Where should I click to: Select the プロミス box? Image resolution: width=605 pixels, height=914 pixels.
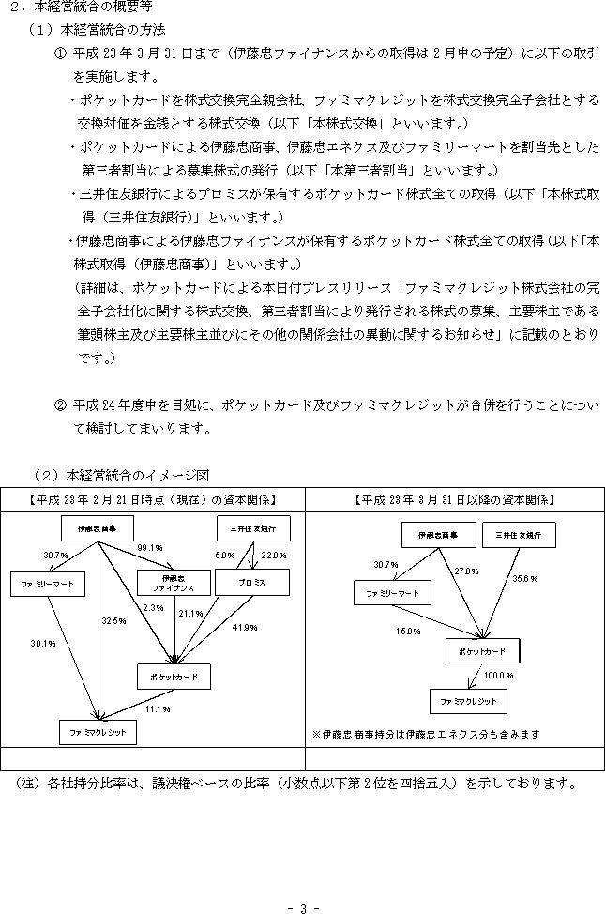click(x=252, y=583)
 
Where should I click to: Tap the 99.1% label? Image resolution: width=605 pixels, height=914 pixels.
click(x=150, y=548)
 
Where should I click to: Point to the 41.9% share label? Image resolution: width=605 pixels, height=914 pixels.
click(x=245, y=628)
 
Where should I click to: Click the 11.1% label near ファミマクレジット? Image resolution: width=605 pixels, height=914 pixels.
click(x=158, y=708)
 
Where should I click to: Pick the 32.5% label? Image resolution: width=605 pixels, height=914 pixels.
click(x=113, y=621)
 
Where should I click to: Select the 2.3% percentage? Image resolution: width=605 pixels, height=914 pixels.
click(x=153, y=607)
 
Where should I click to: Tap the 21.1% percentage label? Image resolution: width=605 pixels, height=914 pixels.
click(x=190, y=613)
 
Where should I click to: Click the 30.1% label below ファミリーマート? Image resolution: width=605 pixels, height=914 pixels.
click(x=43, y=644)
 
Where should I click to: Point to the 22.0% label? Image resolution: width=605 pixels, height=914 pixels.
click(x=274, y=556)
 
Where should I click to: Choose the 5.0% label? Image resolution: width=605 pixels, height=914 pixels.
click(x=225, y=556)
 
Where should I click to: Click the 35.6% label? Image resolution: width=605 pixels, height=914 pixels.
click(x=525, y=579)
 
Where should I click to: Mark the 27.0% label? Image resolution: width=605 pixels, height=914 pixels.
click(x=466, y=571)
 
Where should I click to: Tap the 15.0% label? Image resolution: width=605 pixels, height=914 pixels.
click(x=409, y=632)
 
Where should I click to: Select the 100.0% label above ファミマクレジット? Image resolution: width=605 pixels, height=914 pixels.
click(x=499, y=676)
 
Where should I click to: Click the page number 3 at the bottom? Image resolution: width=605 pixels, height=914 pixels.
click(x=303, y=907)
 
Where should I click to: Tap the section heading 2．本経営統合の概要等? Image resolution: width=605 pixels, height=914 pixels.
click(x=82, y=7)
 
